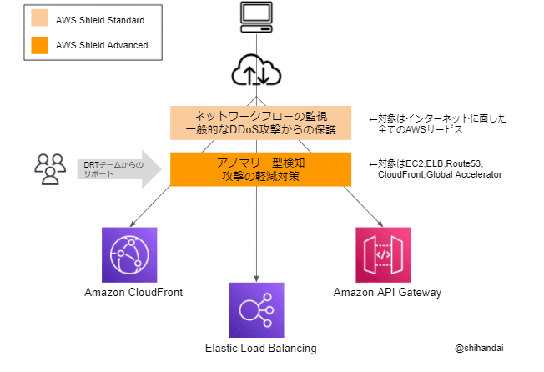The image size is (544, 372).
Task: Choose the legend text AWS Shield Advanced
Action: [101, 45]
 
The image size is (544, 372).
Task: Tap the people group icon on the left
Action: [50, 168]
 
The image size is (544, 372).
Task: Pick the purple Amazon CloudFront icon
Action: [129, 254]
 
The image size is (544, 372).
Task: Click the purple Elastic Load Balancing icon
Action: [257, 309]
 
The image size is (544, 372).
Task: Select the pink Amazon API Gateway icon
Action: [383, 254]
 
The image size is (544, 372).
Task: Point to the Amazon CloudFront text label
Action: [133, 293]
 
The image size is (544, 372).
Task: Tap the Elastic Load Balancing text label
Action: [260, 348]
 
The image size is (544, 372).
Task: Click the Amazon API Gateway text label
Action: [387, 293]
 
